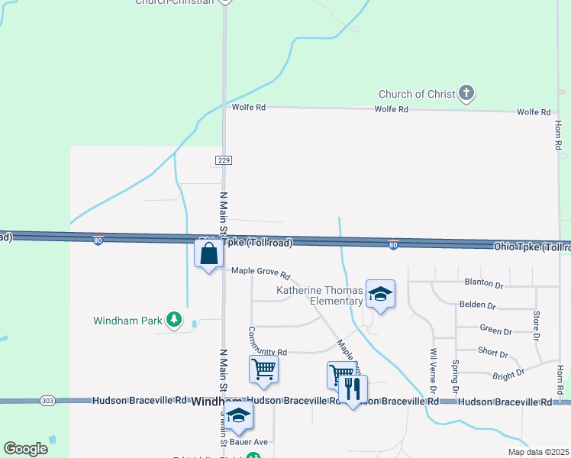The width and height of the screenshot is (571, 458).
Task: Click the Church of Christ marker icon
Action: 466,94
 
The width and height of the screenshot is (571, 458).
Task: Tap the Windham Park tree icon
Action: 175,320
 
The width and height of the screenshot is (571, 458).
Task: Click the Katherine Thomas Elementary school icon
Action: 379,294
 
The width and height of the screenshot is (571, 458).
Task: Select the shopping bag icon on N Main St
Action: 209,254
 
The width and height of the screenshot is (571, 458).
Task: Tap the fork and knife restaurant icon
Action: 352,389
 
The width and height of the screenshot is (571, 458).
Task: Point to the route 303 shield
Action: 46,401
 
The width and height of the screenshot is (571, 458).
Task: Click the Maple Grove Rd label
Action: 261,272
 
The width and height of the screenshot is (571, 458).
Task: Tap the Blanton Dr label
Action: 484,284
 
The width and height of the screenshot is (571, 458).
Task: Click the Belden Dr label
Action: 477,305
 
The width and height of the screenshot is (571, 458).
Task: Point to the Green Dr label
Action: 495,331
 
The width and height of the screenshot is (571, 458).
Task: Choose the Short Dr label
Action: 492,353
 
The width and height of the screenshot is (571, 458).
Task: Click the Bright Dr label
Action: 508,374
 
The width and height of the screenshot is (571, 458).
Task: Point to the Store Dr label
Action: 537,325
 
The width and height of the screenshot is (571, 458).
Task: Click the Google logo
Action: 25,449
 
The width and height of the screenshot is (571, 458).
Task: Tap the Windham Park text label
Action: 127,321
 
